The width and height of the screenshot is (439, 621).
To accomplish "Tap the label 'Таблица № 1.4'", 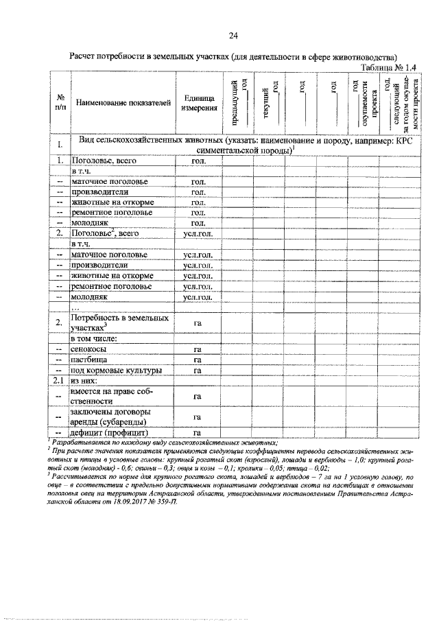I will click(x=390, y=67).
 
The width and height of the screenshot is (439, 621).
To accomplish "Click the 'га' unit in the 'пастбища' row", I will click(x=198, y=360).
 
